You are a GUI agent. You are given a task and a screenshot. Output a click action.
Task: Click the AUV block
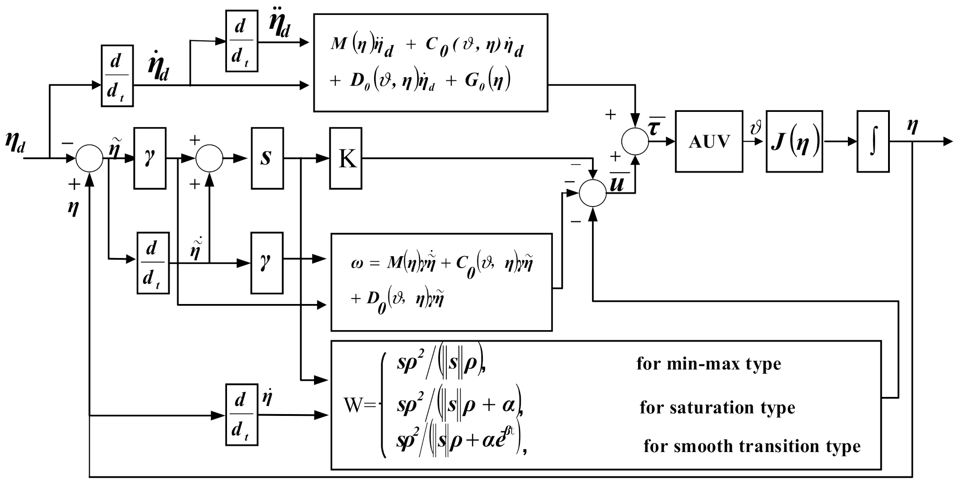point(708,142)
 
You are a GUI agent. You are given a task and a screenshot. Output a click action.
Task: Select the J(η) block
point(794,142)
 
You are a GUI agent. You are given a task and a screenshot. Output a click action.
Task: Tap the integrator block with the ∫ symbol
point(873,142)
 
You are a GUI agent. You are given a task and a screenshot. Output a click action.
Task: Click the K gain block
point(345,158)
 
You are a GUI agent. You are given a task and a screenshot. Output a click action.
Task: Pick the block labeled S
point(267,158)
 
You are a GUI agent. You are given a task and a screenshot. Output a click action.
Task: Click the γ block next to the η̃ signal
point(150,158)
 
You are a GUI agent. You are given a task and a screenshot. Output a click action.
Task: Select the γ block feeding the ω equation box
point(267,263)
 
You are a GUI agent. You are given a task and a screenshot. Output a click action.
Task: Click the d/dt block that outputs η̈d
point(241,41)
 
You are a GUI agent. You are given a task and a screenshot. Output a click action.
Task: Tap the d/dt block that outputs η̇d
point(117,76)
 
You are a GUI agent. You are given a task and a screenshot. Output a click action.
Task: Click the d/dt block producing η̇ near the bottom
point(241,415)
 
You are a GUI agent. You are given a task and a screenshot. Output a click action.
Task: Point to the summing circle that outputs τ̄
point(635,142)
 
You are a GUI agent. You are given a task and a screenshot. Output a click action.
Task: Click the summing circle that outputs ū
point(592,193)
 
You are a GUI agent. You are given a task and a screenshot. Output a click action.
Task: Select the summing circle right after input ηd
point(89,158)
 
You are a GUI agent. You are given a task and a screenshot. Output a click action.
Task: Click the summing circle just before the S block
point(209,158)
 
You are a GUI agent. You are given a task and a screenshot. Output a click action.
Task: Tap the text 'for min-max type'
point(708,364)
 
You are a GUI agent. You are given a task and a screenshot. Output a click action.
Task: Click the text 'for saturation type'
point(717,407)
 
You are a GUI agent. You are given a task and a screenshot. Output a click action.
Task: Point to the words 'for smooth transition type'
point(752,446)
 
